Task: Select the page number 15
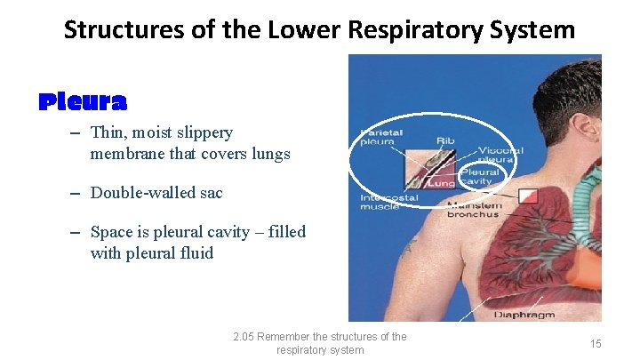coord(596,343)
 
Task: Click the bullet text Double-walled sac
coord(156,193)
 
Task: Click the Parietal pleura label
coord(381,138)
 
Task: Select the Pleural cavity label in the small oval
coord(479,176)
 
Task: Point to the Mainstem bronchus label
coord(474,210)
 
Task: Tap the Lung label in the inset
coord(442,182)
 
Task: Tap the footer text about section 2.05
coord(319,343)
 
